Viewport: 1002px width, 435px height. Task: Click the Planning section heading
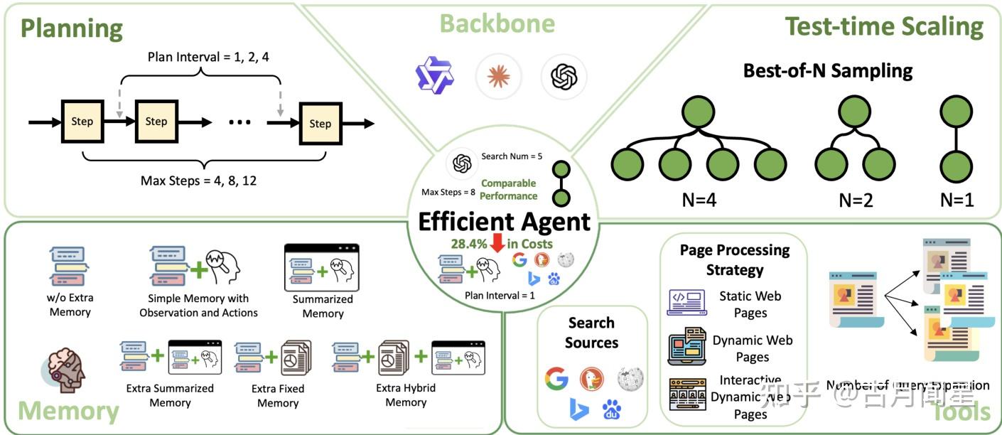(71, 28)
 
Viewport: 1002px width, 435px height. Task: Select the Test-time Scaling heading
(884, 26)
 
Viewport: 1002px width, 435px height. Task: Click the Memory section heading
(68, 411)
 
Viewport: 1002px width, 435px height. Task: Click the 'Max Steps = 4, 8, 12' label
(198, 180)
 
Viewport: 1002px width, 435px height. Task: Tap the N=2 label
(855, 199)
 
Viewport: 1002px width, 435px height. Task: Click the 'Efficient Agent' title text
(504, 221)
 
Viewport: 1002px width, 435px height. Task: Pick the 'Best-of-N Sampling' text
(828, 71)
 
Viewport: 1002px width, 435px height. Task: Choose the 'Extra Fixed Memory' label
(278, 396)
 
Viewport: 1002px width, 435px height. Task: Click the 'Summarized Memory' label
(323, 306)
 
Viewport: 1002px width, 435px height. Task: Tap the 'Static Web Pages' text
(750, 304)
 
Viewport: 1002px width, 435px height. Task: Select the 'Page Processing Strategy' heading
(735, 259)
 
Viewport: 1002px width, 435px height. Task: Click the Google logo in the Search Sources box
(556, 379)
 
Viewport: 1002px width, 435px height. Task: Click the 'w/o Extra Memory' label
(70, 305)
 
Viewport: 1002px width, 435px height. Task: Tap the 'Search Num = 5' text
(512, 156)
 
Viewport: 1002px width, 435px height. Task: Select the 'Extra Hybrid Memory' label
(406, 395)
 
